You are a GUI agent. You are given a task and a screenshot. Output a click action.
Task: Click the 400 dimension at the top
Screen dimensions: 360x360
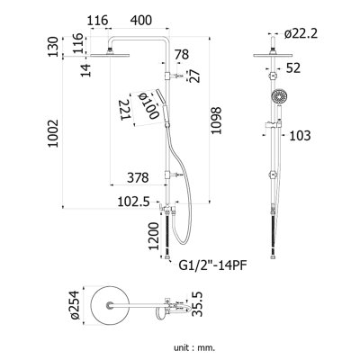coord(140,21)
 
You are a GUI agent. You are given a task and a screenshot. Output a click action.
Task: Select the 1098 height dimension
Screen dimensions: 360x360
coord(216,121)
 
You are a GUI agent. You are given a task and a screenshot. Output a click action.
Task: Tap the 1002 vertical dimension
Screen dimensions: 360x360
coord(53,133)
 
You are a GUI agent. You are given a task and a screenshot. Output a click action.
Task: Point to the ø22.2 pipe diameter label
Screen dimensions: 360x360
coord(301,34)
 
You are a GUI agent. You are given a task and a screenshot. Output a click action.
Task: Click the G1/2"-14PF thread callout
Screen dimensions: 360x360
coord(212,265)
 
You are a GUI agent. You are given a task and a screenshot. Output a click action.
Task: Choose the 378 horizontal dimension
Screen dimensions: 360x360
coord(138,177)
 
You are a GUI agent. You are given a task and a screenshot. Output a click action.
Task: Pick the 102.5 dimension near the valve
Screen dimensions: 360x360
coord(133,202)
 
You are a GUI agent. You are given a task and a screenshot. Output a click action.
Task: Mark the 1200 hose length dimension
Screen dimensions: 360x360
coord(154,236)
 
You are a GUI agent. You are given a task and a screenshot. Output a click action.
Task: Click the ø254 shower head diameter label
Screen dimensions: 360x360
coord(74,305)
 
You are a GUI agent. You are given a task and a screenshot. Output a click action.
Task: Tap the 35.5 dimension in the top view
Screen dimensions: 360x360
coord(197,305)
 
